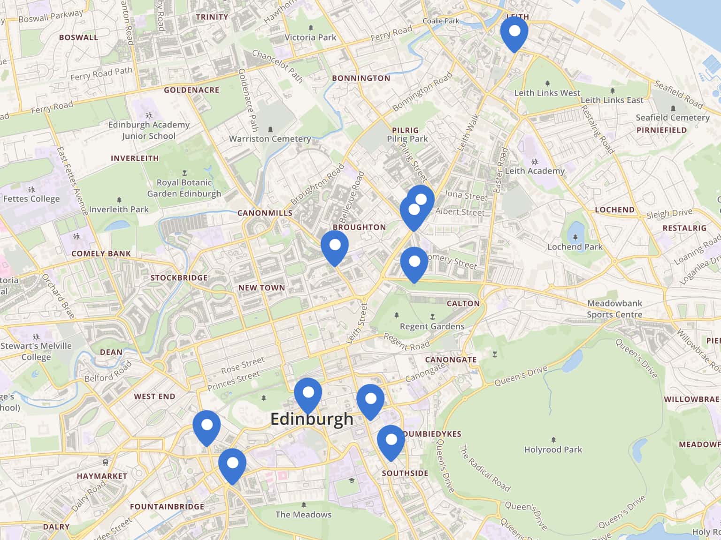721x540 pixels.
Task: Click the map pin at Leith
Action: [x=514, y=33]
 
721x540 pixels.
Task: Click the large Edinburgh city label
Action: [x=312, y=419]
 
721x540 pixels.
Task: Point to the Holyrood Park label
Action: [x=553, y=450]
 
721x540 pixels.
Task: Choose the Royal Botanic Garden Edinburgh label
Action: [x=184, y=188]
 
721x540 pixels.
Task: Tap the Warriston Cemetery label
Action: [x=270, y=139]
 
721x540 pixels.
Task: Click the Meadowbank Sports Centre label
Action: [x=614, y=309]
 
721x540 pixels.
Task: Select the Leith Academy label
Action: [x=535, y=171]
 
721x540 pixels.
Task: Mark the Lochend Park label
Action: [x=575, y=247]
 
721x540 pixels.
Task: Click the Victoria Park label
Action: [x=310, y=37]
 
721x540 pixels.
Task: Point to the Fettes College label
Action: [x=31, y=198]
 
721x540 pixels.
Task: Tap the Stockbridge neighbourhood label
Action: [x=179, y=277]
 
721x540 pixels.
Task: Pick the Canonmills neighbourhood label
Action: [x=265, y=213]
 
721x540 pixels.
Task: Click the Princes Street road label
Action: [x=234, y=381]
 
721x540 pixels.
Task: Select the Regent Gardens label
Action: [x=432, y=326]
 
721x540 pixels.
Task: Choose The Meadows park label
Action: [x=303, y=514]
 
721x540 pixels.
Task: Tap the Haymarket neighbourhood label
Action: [x=102, y=476]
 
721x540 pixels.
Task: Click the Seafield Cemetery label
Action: [x=672, y=118]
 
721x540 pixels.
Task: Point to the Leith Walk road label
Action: [x=468, y=132]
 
